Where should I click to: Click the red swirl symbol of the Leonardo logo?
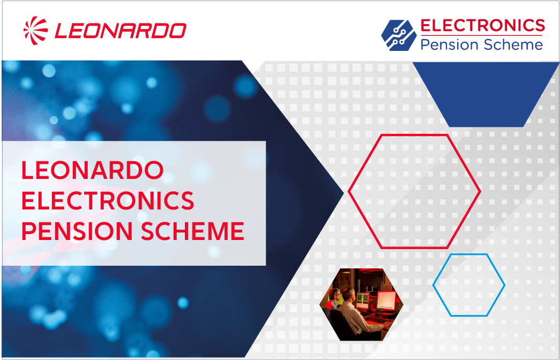[35, 31]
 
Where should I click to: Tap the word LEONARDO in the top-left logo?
[121, 31]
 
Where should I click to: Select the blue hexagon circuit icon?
[399, 35]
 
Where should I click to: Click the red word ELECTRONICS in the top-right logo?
[482, 25]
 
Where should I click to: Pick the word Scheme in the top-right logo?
[513, 44]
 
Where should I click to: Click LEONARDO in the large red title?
[93, 170]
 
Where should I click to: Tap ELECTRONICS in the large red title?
[108, 201]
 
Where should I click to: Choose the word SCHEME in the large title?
[192, 231]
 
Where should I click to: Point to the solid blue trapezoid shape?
[486, 94]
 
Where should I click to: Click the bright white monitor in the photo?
[386, 301]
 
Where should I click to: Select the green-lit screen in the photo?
[363, 301]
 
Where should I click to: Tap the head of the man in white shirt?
[348, 294]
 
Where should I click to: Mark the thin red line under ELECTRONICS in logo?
[482, 35]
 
